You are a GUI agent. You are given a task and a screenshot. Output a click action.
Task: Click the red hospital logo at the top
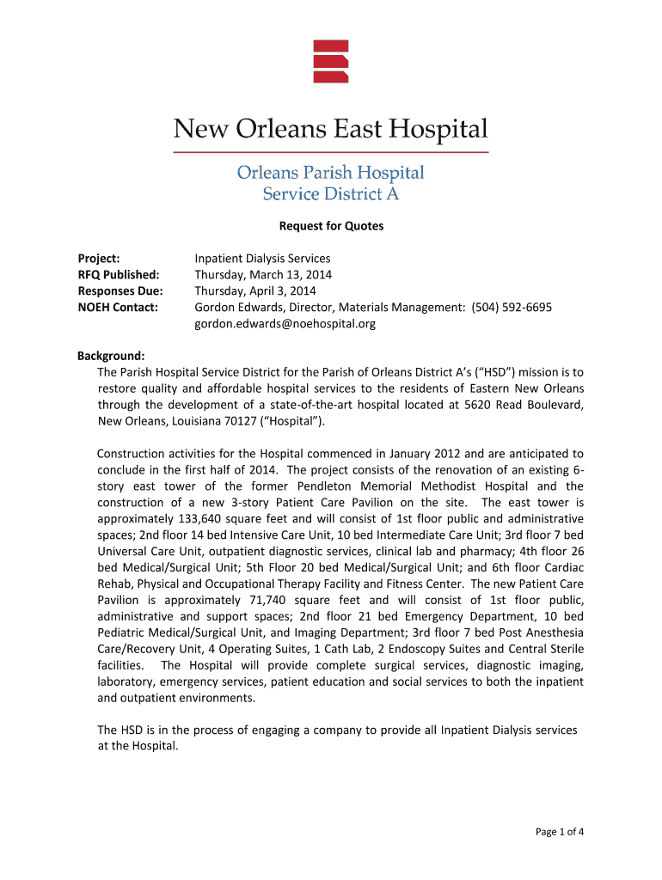click(331, 61)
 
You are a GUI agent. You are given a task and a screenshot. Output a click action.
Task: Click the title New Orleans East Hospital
click(331, 130)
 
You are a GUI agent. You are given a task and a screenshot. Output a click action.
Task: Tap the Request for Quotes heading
click(331, 226)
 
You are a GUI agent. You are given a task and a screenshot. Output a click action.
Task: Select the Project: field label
click(99, 258)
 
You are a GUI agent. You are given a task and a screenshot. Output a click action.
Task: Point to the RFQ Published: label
click(119, 274)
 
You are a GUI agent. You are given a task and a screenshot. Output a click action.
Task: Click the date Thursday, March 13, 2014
click(263, 274)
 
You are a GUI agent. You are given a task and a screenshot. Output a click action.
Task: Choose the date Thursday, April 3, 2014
click(255, 290)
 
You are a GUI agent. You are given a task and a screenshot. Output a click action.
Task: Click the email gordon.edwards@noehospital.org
click(285, 324)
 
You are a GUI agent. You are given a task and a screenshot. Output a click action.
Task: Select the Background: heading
click(111, 356)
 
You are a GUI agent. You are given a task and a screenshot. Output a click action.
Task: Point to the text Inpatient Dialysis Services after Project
click(262, 258)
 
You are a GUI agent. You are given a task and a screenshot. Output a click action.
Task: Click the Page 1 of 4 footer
click(560, 831)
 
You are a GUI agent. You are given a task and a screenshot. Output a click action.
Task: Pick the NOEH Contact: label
click(118, 307)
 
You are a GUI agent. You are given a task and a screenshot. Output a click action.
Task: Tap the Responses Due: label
click(120, 290)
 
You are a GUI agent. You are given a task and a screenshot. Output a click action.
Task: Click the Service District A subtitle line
click(331, 194)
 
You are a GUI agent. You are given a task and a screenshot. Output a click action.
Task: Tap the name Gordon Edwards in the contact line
click(232, 307)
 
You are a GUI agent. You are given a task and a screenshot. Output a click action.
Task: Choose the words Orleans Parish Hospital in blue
click(331, 173)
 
